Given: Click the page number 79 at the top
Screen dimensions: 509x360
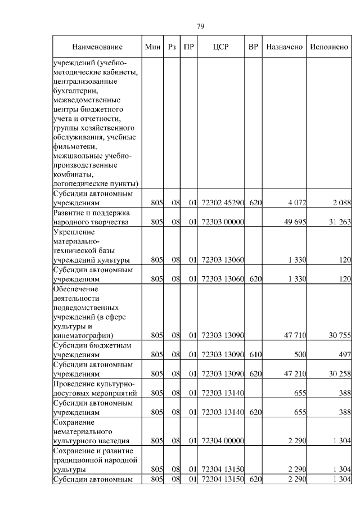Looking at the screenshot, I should pyautogui.click(x=200, y=26).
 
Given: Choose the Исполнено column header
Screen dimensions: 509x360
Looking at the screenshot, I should pyautogui.click(x=329, y=47).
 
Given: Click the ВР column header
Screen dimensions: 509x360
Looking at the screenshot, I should pyautogui.click(x=254, y=47).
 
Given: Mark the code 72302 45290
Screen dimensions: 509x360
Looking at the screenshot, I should pyautogui.click(x=221, y=202).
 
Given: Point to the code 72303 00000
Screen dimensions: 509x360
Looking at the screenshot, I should pyautogui.click(x=221, y=222).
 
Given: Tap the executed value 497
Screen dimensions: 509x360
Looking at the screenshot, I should pyautogui.click(x=344, y=354).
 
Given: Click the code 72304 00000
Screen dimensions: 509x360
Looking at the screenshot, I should pyautogui.click(x=221, y=441).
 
